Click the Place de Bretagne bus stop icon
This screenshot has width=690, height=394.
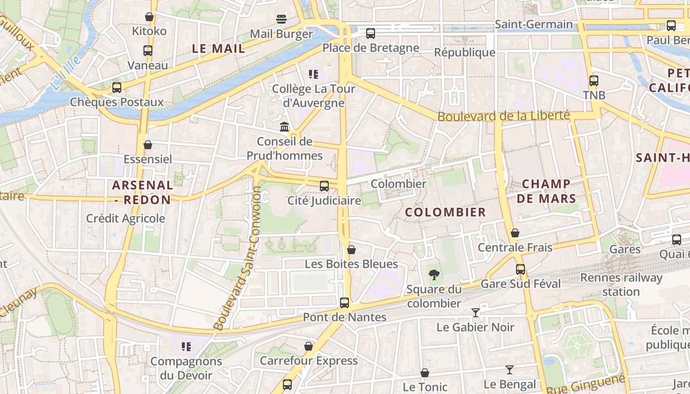pyautogui.click(x=370, y=33)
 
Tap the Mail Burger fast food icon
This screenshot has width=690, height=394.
pyautogui.click(x=281, y=19)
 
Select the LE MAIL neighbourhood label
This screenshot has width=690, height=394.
pyautogui.click(x=218, y=49)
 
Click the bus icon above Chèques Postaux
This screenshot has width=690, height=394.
pyautogui.click(x=117, y=88)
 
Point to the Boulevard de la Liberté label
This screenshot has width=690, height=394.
pyautogui.click(x=503, y=116)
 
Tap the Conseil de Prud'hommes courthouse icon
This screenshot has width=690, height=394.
pyautogui.click(x=284, y=127)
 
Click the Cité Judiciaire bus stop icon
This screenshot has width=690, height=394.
pyautogui.click(x=324, y=186)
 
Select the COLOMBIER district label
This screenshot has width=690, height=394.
pyautogui.click(x=446, y=212)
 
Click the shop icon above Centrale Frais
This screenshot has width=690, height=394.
pyautogui.click(x=515, y=233)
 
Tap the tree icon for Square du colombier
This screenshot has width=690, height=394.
pyautogui.click(x=434, y=274)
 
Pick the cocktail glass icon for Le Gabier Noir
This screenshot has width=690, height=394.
pyautogui.click(x=476, y=313)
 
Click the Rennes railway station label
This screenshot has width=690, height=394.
pyautogui.click(x=621, y=284)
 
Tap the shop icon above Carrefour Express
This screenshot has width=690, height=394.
pyautogui.click(x=309, y=346)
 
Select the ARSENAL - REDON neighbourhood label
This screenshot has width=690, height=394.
pyautogui.click(x=142, y=193)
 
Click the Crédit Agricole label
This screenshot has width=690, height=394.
pyautogui.click(x=126, y=218)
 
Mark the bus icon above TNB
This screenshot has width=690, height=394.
pyautogui.click(x=594, y=80)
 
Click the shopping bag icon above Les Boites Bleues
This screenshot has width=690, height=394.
pyautogui.click(x=351, y=250)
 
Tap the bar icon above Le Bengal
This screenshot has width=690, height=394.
pyautogui.click(x=510, y=370)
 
